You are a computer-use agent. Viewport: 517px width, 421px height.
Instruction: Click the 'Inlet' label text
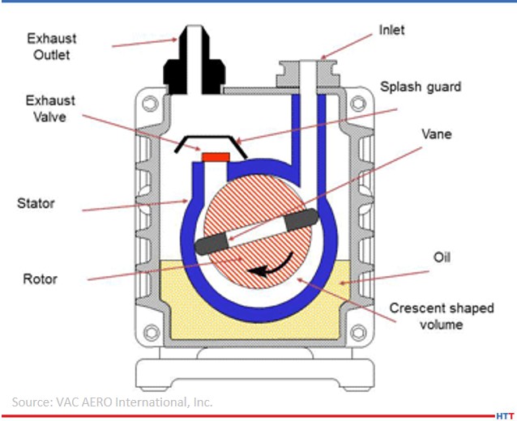pyautogui.click(x=391, y=30)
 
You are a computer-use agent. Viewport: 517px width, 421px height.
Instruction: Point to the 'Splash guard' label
pyautogui.click(x=421, y=85)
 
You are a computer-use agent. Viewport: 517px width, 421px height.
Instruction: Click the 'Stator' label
pyautogui.click(x=35, y=202)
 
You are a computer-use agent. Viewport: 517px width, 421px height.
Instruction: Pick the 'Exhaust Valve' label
pyautogui.click(x=49, y=109)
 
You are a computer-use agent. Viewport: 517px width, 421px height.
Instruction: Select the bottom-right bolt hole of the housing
pyautogui.click(x=354, y=332)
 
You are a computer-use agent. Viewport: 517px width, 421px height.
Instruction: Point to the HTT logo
pyautogui.click(x=504, y=414)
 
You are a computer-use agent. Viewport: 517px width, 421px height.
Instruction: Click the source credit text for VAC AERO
pyautogui.click(x=112, y=401)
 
